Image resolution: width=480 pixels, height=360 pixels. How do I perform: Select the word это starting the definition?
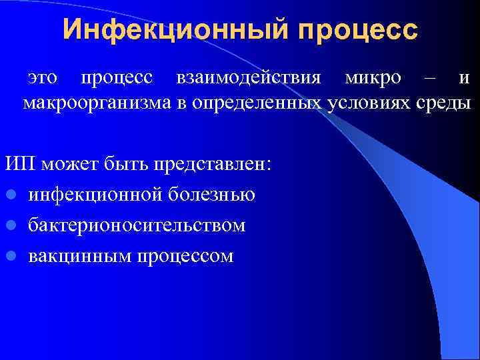(43, 78)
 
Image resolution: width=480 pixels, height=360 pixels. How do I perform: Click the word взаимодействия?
(251, 78)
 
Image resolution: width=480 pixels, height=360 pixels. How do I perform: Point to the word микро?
(373, 78)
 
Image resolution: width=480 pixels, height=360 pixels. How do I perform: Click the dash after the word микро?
(431, 78)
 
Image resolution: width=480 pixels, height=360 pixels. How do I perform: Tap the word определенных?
(266, 103)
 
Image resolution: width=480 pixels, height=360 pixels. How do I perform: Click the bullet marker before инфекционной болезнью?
(12, 195)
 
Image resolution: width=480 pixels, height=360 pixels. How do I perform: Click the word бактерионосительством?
(137, 225)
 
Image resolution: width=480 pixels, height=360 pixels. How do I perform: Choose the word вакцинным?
(73, 256)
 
